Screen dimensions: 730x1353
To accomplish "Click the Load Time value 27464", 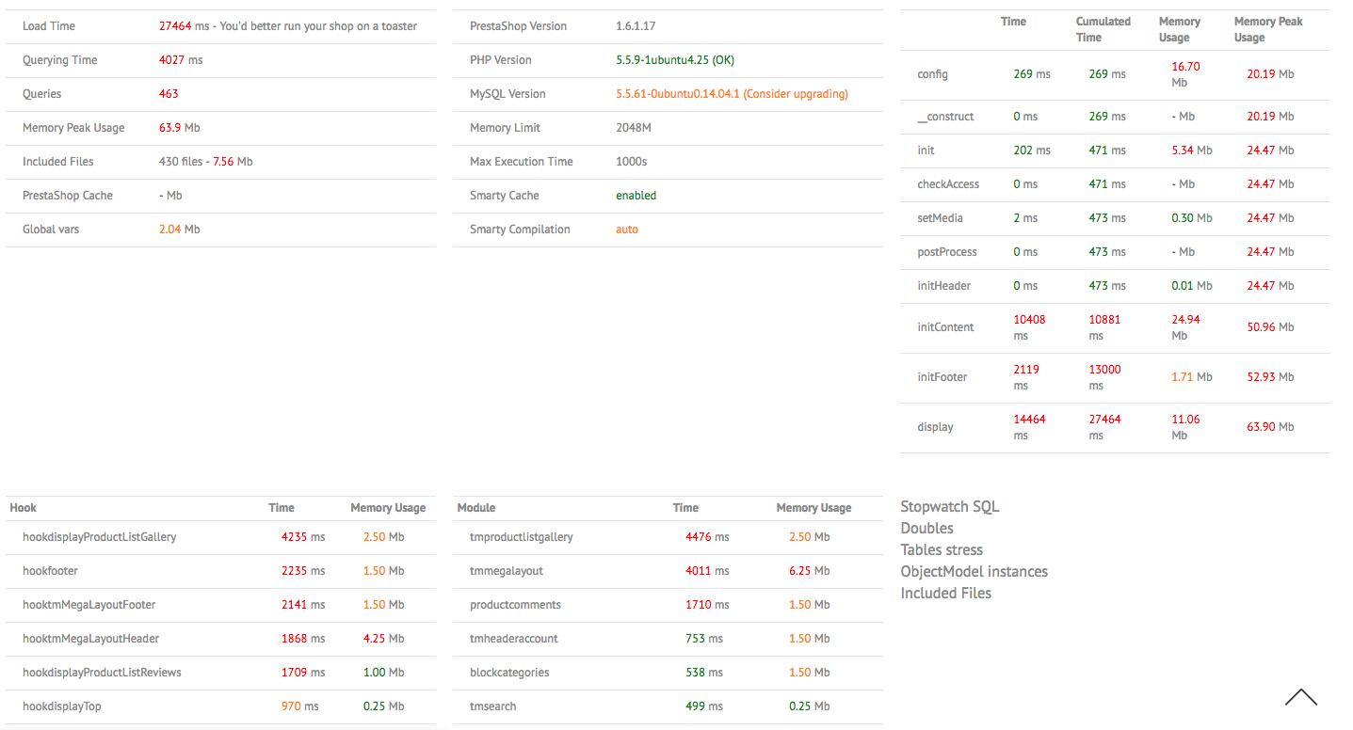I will [175, 26].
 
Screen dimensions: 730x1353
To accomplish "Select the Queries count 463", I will [169, 94].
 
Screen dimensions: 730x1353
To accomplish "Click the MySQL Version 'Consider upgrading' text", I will [796, 94].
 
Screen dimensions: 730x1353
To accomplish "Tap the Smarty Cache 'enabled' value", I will [636, 196].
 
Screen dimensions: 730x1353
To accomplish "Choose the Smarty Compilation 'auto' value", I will [627, 230].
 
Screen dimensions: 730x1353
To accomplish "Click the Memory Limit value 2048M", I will [634, 128].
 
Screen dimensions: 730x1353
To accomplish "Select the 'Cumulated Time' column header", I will [1103, 29].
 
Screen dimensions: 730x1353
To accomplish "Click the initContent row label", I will [944, 327].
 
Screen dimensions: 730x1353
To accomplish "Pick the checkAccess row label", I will [948, 184].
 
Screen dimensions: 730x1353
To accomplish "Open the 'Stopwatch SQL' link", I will [950, 507].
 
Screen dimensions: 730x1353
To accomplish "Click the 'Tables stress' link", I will [942, 550].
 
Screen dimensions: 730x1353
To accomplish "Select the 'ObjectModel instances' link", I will [974, 572].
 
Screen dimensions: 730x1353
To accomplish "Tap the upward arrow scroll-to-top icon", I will [1300, 697].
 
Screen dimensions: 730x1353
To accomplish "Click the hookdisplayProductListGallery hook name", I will [99, 537].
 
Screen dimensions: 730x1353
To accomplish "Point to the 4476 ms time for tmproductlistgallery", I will [707, 537].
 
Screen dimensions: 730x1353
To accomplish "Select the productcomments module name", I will [515, 605].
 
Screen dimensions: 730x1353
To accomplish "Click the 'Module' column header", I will [475, 508].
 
